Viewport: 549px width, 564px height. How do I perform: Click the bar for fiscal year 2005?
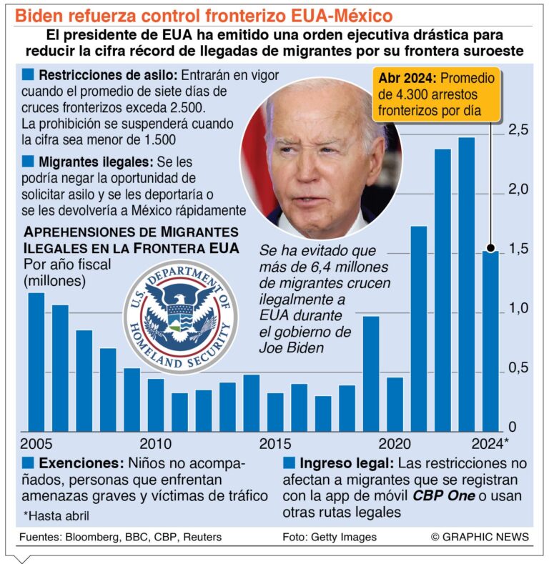[36, 361]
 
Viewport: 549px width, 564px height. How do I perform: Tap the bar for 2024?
[490, 340]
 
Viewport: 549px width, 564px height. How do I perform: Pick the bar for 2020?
[395, 403]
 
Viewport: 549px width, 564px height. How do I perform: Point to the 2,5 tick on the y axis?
[518, 130]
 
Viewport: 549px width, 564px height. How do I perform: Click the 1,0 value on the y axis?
[518, 309]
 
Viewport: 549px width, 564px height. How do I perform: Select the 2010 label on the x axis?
[155, 443]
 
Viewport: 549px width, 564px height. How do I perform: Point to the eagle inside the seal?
[181, 307]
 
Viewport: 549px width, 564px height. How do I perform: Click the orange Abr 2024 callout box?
[437, 94]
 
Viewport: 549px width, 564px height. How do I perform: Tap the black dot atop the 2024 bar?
[490, 249]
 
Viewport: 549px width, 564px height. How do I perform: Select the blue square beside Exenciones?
[28, 462]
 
